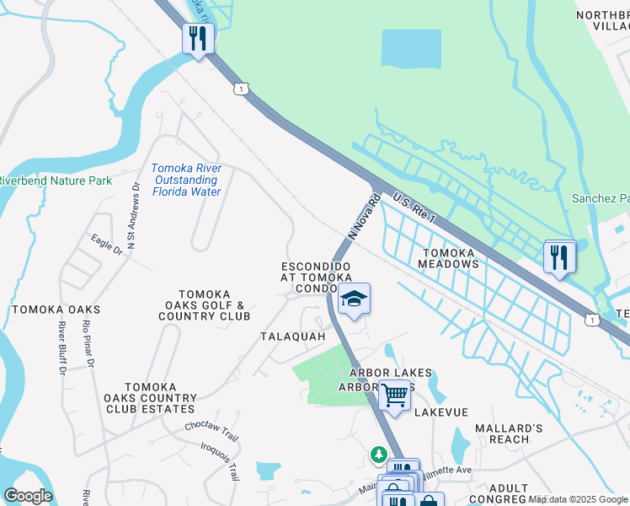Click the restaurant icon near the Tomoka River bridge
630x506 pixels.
(199, 39)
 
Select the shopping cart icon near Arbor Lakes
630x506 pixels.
(394, 394)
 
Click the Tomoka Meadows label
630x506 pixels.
(449, 258)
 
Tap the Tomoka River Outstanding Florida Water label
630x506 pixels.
(187, 180)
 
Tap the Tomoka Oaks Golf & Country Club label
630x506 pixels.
(205, 304)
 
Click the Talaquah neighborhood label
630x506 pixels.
(292, 336)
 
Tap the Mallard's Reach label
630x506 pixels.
(503, 433)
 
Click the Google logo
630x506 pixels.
(28, 496)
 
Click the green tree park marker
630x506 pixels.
(379, 455)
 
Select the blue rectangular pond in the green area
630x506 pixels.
(411, 48)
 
